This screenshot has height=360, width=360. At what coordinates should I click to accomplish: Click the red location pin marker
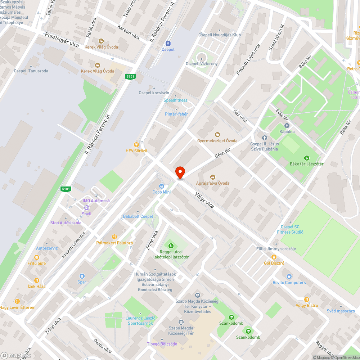[180, 172]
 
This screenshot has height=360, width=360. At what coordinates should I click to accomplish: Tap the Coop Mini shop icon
[162, 186]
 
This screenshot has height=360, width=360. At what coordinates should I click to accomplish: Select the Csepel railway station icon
[168, 43]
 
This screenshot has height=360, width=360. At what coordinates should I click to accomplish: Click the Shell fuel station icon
[86, 208]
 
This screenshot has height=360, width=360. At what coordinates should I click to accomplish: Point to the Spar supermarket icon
[82, 276]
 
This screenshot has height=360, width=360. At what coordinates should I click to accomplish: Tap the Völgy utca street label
[204, 200]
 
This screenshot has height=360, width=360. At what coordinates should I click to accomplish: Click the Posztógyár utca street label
[62, 40]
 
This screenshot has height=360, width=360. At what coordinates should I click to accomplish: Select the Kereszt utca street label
[129, 32]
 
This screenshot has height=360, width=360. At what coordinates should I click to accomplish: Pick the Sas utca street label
[240, 116]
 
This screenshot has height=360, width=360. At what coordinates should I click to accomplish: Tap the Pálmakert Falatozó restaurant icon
[114, 237]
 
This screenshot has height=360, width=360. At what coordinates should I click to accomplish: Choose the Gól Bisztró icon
[274, 257]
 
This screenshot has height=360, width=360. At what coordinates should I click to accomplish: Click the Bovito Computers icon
[289, 276]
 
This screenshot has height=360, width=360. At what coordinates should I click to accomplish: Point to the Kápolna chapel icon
[287, 126]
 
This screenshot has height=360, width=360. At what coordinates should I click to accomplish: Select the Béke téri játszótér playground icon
[307, 158]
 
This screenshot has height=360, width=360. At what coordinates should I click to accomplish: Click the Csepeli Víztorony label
[202, 64]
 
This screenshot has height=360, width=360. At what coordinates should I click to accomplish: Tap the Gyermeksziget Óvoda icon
[217, 135]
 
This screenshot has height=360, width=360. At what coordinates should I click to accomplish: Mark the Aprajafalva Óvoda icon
[212, 177]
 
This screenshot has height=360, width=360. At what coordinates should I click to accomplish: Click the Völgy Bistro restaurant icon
[306, 299]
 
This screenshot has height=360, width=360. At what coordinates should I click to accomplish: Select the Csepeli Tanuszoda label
[31, 71]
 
